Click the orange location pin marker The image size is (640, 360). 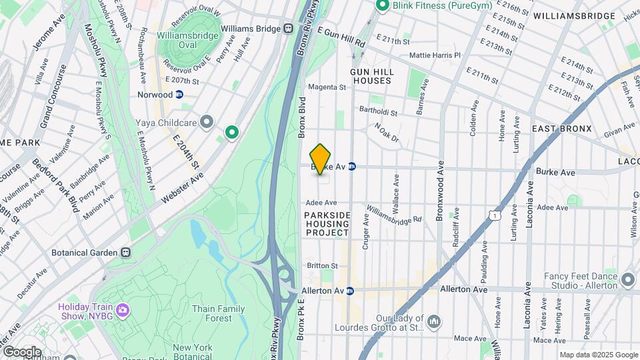321,159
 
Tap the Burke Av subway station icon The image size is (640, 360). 352,167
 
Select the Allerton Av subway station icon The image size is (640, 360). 349,291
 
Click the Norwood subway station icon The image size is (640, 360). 180,95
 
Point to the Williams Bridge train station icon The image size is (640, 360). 289,29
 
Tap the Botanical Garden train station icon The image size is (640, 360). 125,253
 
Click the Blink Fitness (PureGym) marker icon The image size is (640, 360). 383,6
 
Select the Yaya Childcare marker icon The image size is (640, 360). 207,122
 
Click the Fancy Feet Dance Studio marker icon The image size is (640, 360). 627,280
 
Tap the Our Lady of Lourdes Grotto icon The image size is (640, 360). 433,323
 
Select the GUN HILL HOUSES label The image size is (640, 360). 372,76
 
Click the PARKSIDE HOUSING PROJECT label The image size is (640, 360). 327,224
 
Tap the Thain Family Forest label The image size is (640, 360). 218,313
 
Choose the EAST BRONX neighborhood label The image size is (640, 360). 561,129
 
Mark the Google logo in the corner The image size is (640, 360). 22,351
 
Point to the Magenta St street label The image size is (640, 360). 327,87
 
